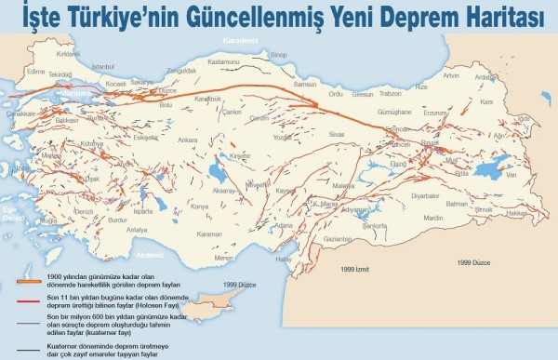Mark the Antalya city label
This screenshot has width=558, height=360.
pyautogui.click(x=138, y=229)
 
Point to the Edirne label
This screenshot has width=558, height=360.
pyautogui.click(x=36, y=70)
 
